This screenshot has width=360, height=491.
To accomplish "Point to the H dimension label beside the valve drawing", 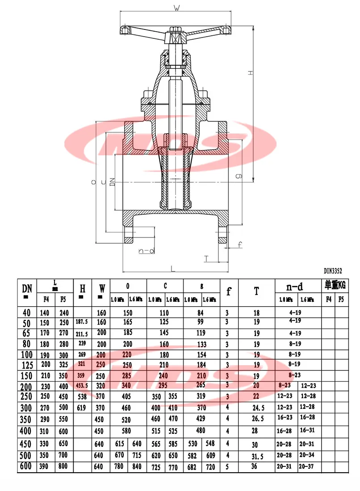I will (251, 72).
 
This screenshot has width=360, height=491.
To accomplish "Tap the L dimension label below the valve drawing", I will (172, 267).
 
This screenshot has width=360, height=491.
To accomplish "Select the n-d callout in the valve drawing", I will (146, 251).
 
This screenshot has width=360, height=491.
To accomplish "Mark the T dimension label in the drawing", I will (206, 258).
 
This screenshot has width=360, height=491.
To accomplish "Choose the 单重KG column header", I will (335, 284).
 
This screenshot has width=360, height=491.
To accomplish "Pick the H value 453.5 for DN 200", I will (82, 386).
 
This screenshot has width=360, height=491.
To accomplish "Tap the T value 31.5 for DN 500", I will (255, 455).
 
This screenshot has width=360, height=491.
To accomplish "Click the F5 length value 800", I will (64, 467).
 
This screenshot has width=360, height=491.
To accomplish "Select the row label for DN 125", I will (27, 365).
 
